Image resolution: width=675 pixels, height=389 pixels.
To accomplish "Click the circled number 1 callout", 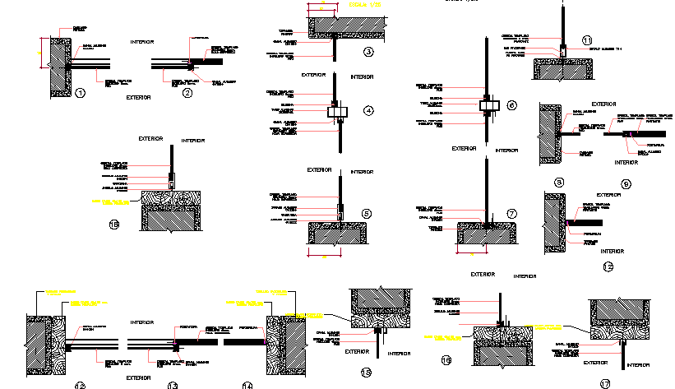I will [80, 93].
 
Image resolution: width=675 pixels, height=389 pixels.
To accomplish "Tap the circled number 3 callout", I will [368, 52].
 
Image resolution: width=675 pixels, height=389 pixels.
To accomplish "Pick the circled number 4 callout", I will [368, 110].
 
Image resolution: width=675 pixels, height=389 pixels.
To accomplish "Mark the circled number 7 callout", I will [511, 214].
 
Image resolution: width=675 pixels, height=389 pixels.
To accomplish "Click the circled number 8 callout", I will [559, 182].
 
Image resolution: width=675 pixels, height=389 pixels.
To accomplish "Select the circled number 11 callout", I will [586, 40].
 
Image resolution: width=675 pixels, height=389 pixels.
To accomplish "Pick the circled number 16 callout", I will [447, 359].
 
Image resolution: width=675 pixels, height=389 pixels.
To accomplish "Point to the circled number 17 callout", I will [605, 382].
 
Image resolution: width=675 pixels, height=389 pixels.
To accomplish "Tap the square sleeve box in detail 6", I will [487, 105].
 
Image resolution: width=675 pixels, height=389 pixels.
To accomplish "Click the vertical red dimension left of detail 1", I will [41, 53].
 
